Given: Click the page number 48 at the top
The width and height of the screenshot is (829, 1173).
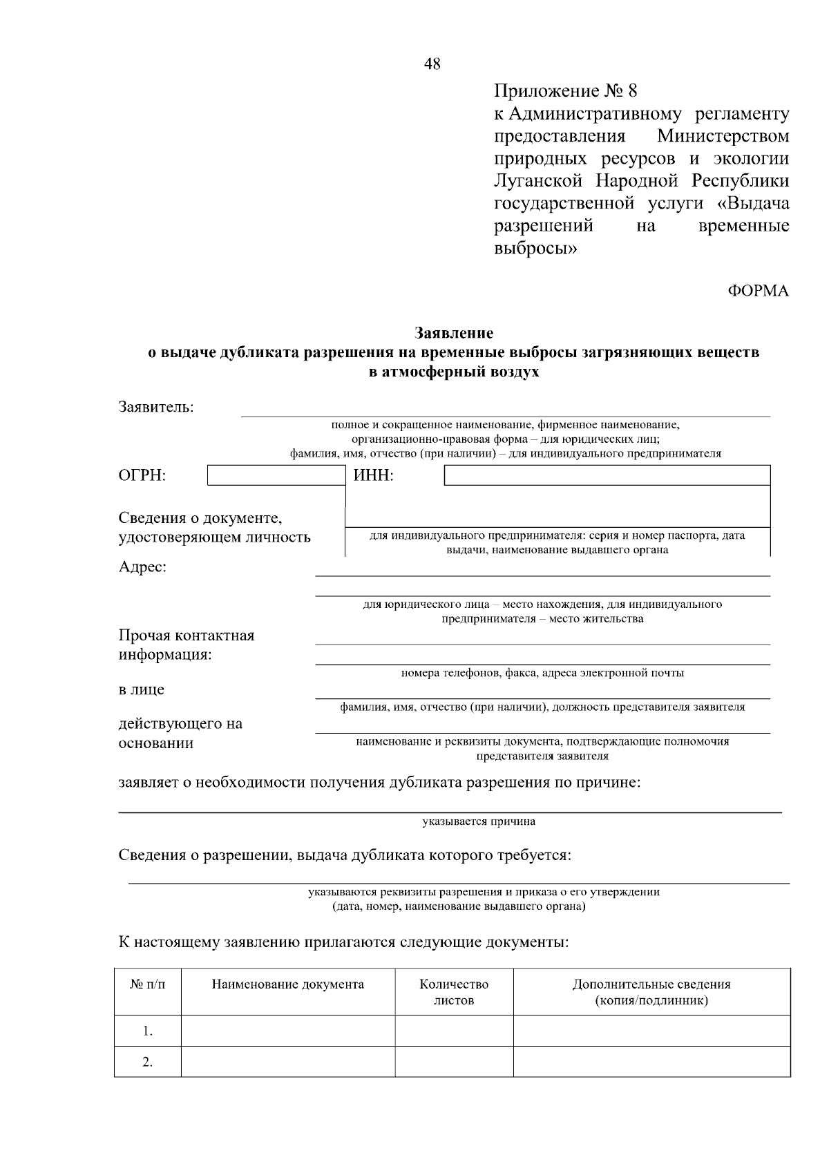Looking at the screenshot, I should [x=432, y=64].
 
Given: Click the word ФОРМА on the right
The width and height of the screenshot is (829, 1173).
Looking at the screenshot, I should [x=758, y=291].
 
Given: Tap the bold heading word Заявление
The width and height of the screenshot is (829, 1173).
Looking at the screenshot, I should [x=454, y=333].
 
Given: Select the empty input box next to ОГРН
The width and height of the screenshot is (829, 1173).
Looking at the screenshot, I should [x=276, y=475].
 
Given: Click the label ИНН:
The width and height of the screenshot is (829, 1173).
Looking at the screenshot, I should [x=373, y=475].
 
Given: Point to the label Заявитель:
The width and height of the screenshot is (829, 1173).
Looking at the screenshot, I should [x=156, y=406].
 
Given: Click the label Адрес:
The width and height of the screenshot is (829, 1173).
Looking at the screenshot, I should [x=142, y=567].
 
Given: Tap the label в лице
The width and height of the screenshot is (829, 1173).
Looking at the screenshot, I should [x=142, y=689].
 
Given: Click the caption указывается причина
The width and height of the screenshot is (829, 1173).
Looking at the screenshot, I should [x=479, y=821].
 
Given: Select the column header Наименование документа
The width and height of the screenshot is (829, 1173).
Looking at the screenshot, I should [x=287, y=984].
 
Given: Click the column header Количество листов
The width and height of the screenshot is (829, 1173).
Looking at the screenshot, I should [x=454, y=992].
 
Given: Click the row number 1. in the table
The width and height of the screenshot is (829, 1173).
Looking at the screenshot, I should [x=148, y=1031].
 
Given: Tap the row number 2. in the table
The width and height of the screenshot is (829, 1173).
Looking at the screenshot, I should [x=148, y=1062].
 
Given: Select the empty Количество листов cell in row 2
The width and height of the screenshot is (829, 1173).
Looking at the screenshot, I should [x=454, y=1062].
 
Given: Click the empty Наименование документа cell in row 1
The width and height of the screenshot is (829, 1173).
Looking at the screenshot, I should [x=287, y=1031].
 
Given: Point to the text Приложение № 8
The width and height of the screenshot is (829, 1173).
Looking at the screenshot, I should [x=565, y=91].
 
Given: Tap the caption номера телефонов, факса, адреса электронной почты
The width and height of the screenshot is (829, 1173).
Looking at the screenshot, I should [x=542, y=672].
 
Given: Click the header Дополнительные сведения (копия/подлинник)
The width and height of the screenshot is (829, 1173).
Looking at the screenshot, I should [x=651, y=992].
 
